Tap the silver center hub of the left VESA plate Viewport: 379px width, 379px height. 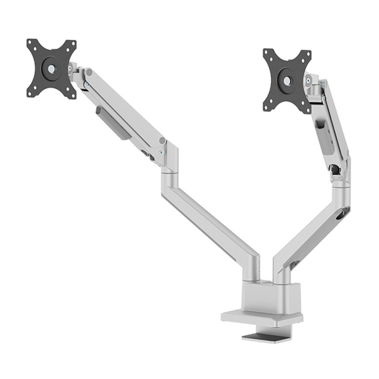[x=50, y=69]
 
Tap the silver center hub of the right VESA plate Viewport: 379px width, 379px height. [x=287, y=81]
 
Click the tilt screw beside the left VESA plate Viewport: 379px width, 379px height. [x=70, y=68]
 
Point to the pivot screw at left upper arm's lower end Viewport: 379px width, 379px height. [x=161, y=152]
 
